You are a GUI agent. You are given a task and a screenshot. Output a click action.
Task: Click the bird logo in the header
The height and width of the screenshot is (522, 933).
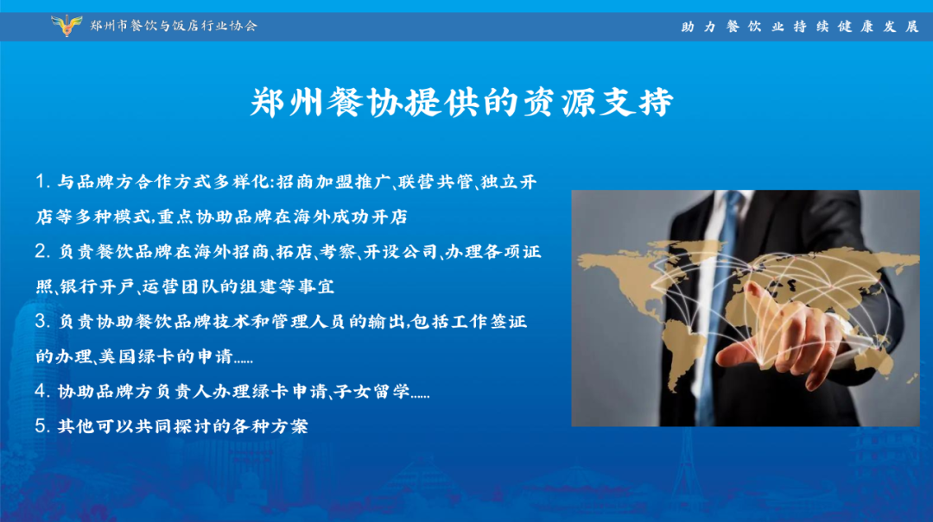[67, 26]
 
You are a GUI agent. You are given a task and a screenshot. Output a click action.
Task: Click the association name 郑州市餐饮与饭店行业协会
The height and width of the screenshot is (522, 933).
[174, 26]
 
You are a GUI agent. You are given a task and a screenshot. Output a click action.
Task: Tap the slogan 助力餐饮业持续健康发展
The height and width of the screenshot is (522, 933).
[800, 27]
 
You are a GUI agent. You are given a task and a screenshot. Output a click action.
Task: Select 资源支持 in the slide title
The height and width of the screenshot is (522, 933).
[599, 103]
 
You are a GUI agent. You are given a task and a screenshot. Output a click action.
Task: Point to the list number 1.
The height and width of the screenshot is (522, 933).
[41, 181]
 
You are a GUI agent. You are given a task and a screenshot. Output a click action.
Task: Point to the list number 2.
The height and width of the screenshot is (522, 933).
[41, 251]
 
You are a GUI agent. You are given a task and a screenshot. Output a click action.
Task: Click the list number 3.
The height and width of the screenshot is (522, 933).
[41, 322]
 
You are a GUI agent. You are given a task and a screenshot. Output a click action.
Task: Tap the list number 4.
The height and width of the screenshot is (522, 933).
[41, 391]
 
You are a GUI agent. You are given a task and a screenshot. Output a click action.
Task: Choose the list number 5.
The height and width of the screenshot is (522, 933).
[41, 425]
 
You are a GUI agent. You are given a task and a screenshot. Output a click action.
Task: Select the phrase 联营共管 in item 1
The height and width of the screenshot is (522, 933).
[435, 182]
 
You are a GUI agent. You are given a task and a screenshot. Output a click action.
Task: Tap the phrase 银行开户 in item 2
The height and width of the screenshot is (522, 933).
[97, 286]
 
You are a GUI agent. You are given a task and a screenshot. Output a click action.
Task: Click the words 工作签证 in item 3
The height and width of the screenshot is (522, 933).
[489, 322]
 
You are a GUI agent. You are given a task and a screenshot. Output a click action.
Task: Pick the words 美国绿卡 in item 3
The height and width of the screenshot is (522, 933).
[136, 356]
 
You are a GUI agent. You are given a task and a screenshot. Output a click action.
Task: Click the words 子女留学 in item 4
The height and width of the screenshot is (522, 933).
[371, 392]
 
